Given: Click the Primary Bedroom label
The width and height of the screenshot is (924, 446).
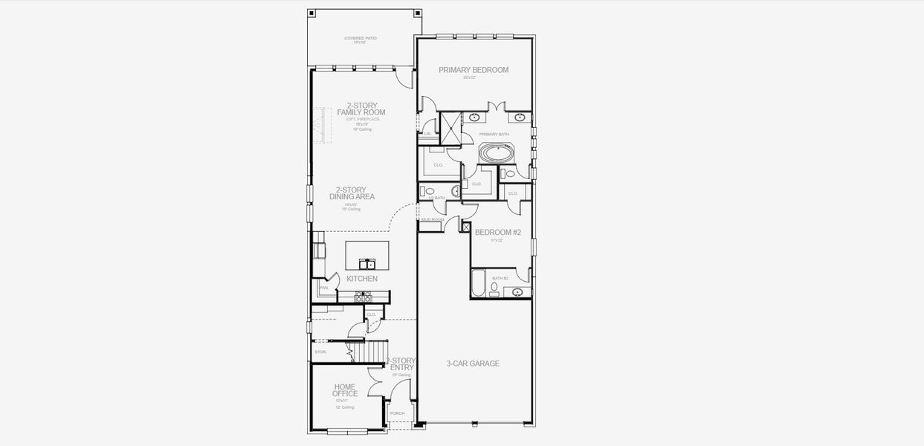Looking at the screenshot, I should (474, 70).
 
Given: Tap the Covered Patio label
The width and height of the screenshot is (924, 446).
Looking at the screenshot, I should (360, 39).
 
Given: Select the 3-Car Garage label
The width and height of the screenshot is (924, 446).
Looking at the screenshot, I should (473, 363).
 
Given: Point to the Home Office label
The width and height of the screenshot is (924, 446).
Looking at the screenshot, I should (345, 390).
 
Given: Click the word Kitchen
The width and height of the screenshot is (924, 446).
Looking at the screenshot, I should (362, 279).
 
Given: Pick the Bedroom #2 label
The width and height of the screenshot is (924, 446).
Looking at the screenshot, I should (498, 232).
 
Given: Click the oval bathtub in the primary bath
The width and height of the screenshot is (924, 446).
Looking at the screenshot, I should (494, 154).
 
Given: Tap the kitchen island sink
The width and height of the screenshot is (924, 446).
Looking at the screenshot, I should (367, 264).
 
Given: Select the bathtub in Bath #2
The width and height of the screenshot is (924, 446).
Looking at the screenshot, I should (479, 282).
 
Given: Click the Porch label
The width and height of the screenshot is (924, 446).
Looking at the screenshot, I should (398, 413).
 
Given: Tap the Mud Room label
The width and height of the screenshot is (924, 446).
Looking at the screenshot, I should (432, 220).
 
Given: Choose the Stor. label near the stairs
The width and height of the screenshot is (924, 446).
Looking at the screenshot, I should (321, 352).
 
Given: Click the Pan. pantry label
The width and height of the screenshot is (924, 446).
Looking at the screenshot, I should (323, 288).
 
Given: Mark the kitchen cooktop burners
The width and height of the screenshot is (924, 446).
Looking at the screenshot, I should (364, 297).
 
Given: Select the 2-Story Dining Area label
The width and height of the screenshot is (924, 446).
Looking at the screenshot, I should (352, 193).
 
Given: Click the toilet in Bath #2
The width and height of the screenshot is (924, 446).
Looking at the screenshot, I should (494, 287).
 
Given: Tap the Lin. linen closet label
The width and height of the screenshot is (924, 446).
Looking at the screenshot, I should (427, 134).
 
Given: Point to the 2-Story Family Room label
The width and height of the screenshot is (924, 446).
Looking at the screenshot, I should (361, 109).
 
